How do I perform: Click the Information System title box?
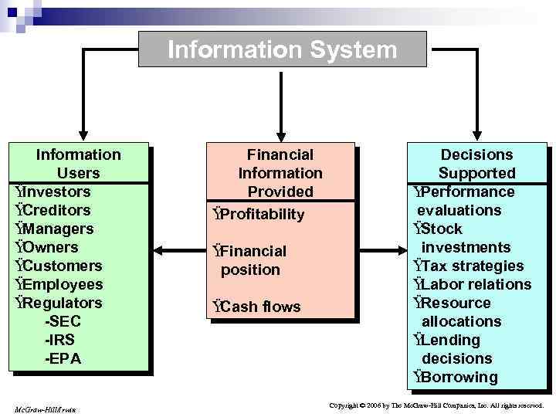(x=282, y=49)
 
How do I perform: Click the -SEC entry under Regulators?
(x=63, y=321)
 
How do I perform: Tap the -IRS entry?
(x=61, y=340)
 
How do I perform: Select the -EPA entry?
(x=63, y=358)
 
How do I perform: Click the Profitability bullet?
(x=262, y=214)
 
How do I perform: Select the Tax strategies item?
(x=472, y=266)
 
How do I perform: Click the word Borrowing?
(x=459, y=377)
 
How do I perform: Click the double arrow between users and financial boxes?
(x=178, y=249)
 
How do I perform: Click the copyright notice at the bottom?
(x=436, y=405)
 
